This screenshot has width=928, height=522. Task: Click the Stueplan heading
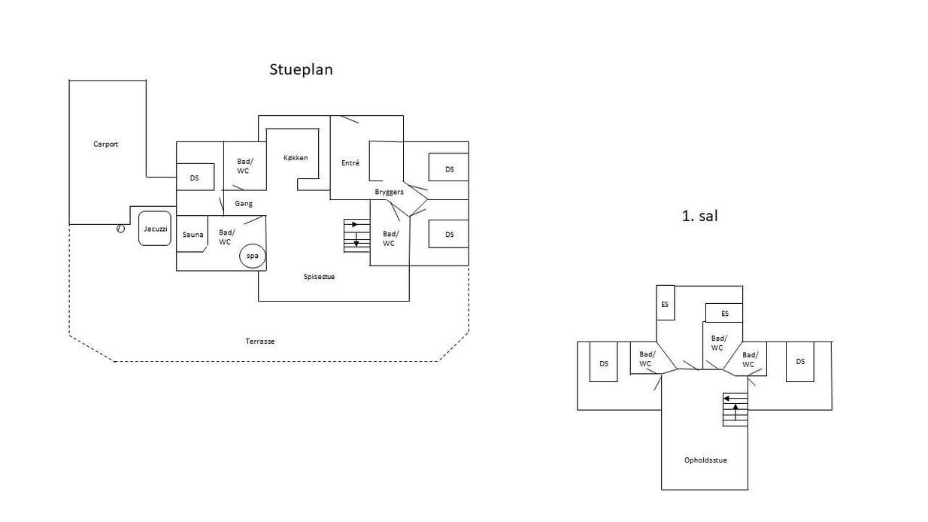pyautogui.click(x=301, y=70)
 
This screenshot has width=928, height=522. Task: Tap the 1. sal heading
pyautogui.click(x=699, y=216)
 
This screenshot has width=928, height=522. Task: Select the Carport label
pyautogui.click(x=105, y=144)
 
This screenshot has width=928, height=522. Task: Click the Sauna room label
pyautogui.click(x=193, y=235)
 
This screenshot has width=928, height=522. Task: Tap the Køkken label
pyautogui.click(x=296, y=157)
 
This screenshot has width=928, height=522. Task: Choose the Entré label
pyautogui.click(x=350, y=162)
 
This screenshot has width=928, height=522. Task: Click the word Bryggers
pyautogui.click(x=389, y=192)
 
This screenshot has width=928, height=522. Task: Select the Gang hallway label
pyautogui.click(x=244, y=203)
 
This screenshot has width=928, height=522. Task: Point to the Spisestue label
pyautogui.click(x=319, y=276)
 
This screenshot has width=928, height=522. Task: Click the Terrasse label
pyautogui.click(x=260, y=341)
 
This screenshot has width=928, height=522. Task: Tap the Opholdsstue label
pyautogui.click(x=705, y=460)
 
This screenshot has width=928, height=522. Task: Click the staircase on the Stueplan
pyautogui.click(x=356, y=235)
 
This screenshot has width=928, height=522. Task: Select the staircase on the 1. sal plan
pyautogui.click(x=735, y=409)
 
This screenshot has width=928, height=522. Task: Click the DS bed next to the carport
pyautogui.click(x=195, y=177)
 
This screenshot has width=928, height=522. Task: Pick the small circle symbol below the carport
pyautogui.click(x=120, y=228)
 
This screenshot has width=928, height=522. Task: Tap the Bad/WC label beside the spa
pyautogui.click(x=226, y=237)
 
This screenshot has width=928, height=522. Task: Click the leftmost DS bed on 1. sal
pyautogui.click(x=603, y=362)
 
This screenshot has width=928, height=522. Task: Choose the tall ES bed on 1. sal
pyautogui.click(x=666, y=303)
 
